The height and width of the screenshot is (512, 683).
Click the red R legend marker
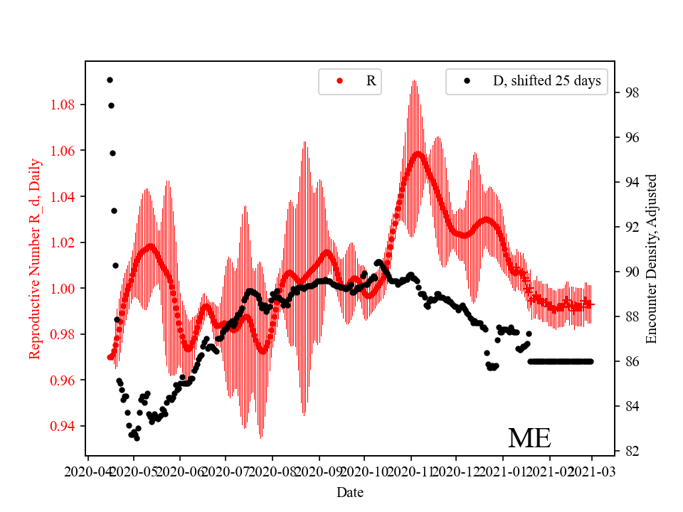pyautogui.click(x=339, y=81)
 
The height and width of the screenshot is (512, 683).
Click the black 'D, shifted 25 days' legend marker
pyautogui.click(x=467, y=81)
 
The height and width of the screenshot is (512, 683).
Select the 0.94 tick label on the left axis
pyautogui.click(x=63, y=427)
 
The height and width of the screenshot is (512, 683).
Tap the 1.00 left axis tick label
pyautogui.click(x=63, y=289)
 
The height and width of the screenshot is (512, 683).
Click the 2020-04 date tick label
pyautogui.click(x=88, y=471)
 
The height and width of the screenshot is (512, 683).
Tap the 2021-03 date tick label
pyautogui.click(x=593, y=471)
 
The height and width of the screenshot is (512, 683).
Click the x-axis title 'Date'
pyautogui.click(x=350, y=491)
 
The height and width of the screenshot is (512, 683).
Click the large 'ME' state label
pyautogui.click(x=529, y=438)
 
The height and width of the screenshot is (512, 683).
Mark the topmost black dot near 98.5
pyautogui.click(x=110, y=80)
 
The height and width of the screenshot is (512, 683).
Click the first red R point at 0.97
pyautogui.click(x=110, y=357)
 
